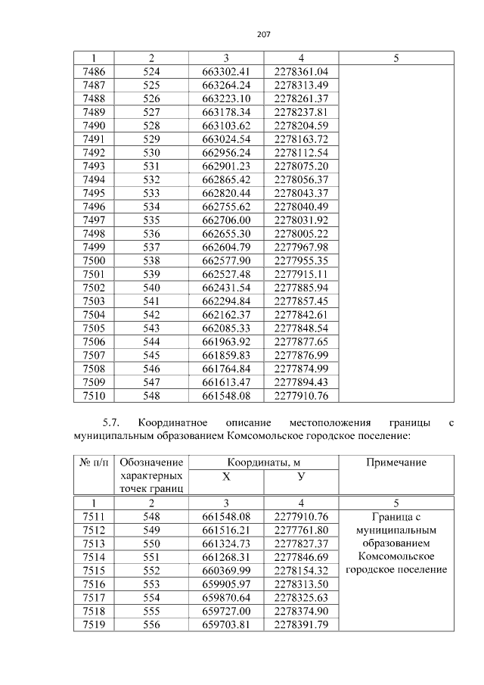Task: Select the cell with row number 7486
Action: tap(93, 71)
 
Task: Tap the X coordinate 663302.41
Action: tap(226, 71)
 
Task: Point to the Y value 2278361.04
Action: tap(301, 71)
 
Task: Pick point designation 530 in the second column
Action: tap(151, 152)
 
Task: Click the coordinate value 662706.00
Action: tap(226, 220)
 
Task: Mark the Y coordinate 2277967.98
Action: tap(301, 247)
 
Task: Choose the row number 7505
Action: tap(93, 328)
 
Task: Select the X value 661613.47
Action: tap(226, 381)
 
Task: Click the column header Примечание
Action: tap(396, 462)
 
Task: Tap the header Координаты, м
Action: tap(263, 462)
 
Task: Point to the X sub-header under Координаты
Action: tap(225, 476)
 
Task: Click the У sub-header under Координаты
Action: tap(301, 476)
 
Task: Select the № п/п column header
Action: tap(93, 462)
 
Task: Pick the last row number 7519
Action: tap(93, 624)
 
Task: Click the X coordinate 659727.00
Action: tap(226, 611)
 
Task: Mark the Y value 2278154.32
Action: tap(301, 570)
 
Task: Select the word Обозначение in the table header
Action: tap(151, 462)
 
